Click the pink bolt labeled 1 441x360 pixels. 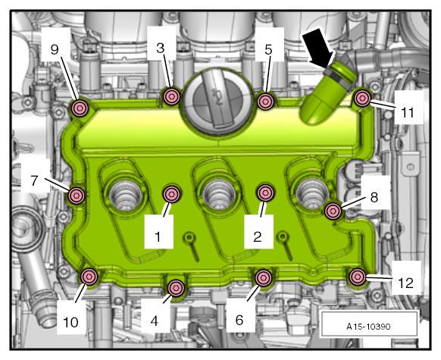pyautogui.click(x=171, y=194)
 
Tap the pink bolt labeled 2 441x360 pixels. pyautogui.click(x=265, y=193)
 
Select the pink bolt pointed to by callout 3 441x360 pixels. pyautogui.click(x=171, y=97)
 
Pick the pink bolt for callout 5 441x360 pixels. pyautogui.click(x=265, y=102)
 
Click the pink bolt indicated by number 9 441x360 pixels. pyautogui.click(x=80, y=108)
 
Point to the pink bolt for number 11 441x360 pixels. pyautogui.click(x=362, y=99)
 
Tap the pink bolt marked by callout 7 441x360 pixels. pyautogui.click(x=77, y=196)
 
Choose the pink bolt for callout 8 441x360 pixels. pyautogui.click(x=333, y=211)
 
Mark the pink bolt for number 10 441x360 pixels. pyautogui.click(x=89, y=277)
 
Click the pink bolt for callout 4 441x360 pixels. pyautogui.click(x=176, y=288)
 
